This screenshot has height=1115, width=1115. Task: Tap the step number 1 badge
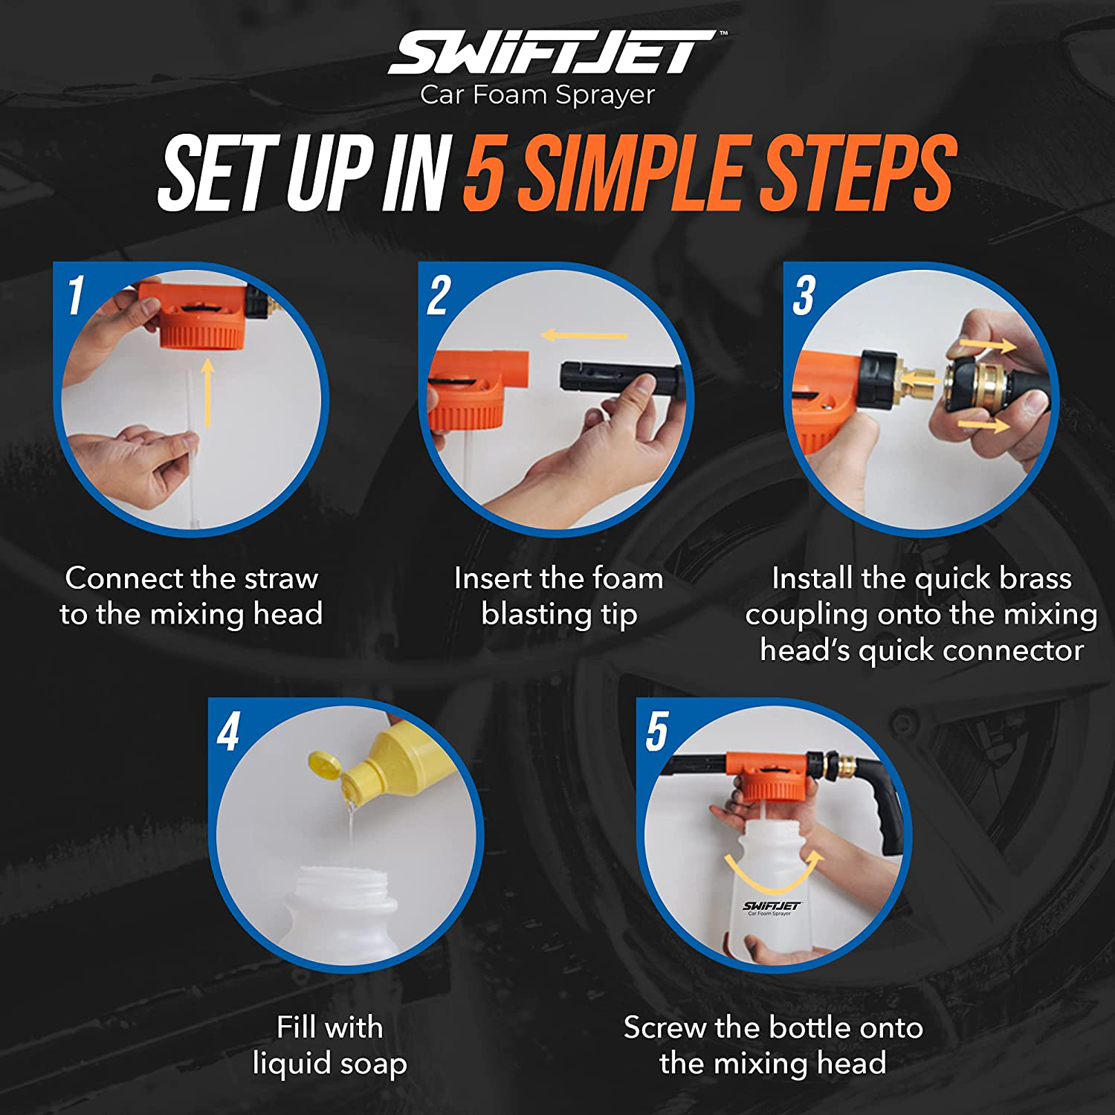(x=76, y=295)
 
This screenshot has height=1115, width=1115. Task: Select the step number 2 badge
(x=439, y=295)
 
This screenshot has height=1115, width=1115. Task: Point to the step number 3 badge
(x=804, y=295)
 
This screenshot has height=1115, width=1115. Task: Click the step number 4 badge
(x=229, y=731)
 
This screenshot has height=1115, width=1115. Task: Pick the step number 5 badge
(x=657, y=731)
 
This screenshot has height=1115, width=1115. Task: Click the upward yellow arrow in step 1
(x=207, y=394)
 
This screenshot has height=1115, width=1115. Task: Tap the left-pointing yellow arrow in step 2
(x=584, y=335)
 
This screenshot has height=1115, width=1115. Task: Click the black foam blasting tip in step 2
(x=620, y=379)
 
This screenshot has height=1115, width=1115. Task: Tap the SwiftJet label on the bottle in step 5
(x=772, y=908)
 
